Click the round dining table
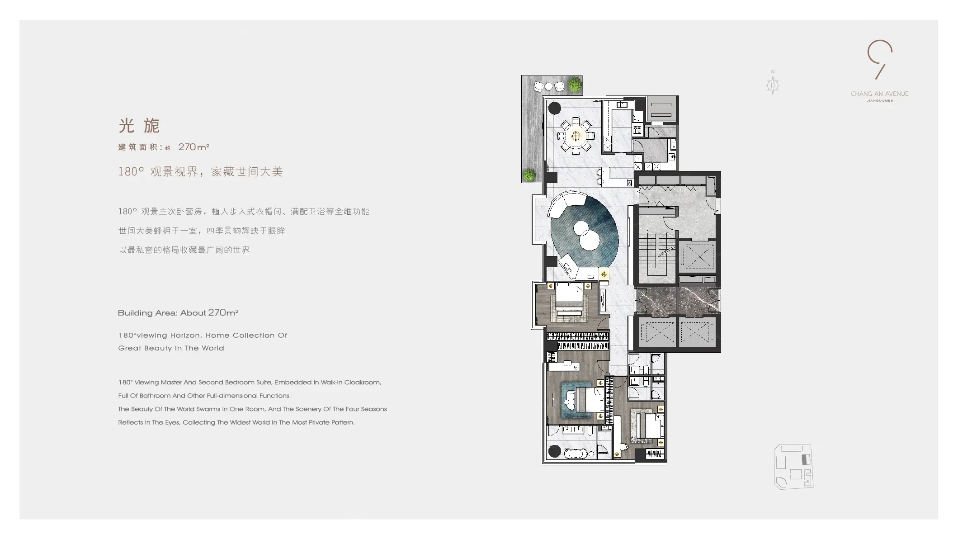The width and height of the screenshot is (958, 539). pos(576,136)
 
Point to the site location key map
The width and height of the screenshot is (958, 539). pos(793,466)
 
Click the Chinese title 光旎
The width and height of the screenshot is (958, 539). pos(139,126)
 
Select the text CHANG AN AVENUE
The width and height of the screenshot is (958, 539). pos(879,94)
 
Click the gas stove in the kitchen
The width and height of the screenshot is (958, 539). pos(637,130)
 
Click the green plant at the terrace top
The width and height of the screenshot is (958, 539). pos(574,84)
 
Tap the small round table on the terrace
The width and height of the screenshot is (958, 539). pos(548,86)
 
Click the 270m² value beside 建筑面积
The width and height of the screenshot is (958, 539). pos(193,147)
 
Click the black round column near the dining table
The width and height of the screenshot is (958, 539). pos(554,108)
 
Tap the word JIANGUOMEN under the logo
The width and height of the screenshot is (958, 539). pos(880,101)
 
